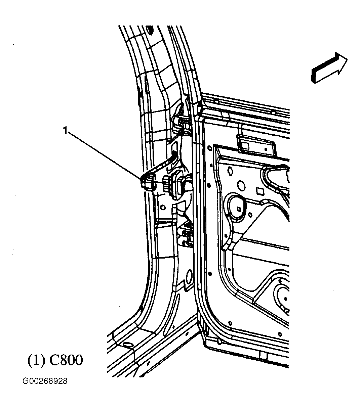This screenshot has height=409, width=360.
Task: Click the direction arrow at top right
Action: (329, 68)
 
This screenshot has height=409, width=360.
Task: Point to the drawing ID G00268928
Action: (45, 381)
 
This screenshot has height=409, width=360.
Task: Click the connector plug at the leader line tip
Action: (147, 183)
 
